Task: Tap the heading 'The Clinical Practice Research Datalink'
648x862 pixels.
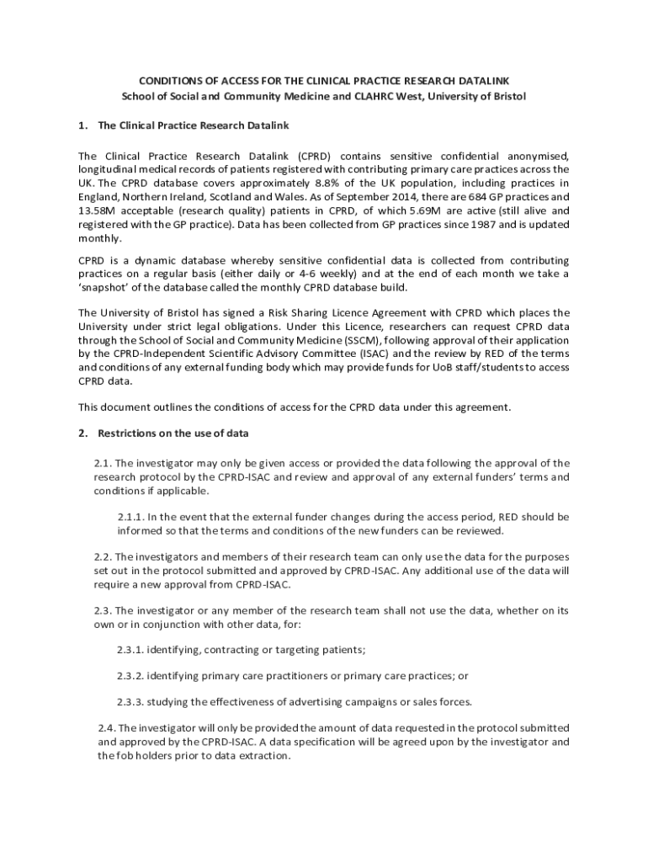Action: point(194,125)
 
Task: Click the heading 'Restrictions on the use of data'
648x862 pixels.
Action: point(173,434)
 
